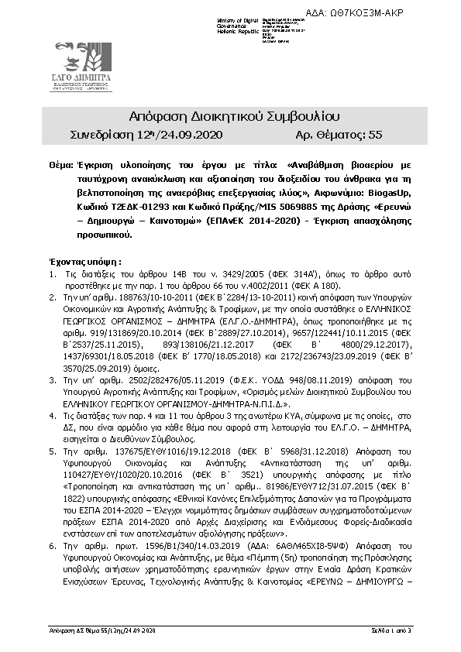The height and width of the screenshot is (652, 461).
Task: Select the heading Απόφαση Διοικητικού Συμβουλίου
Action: point(231,118)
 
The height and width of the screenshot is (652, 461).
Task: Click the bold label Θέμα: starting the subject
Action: point(60,166)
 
